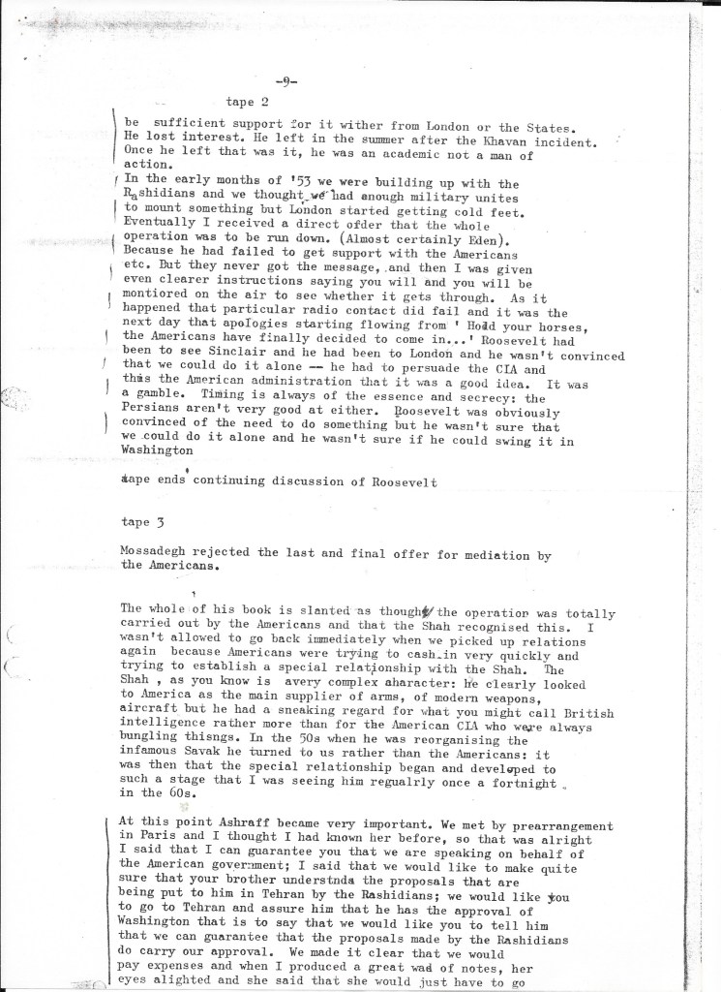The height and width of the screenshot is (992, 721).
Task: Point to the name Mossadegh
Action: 162,554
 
